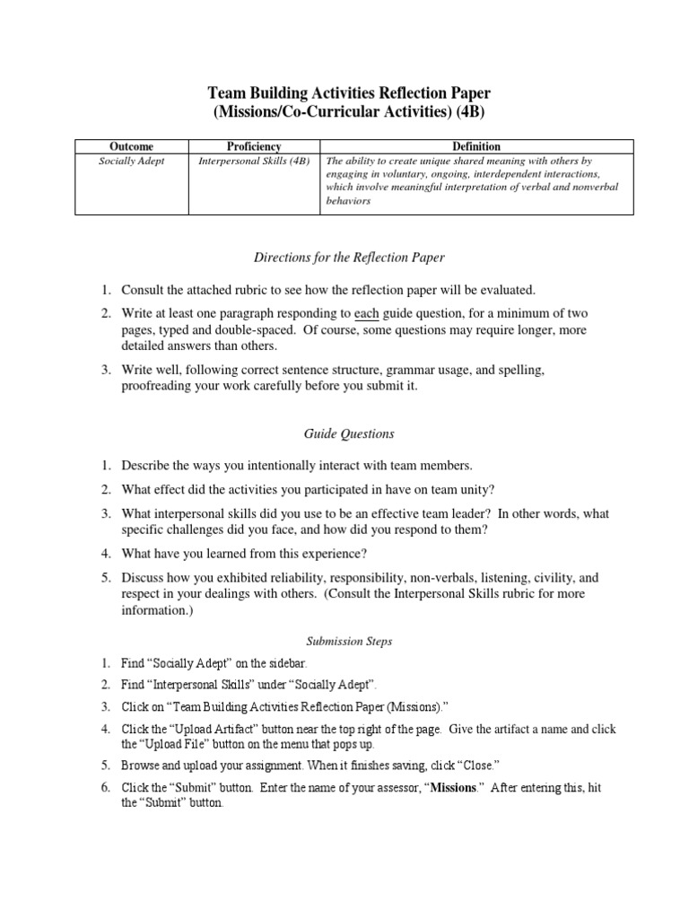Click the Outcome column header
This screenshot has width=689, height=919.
pos(131,146)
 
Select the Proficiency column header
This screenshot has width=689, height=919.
pos(254,146)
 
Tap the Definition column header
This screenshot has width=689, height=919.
pos(476,146)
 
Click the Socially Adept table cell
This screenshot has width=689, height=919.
pos(131,161)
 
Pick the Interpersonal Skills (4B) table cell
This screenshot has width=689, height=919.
pos(254,161)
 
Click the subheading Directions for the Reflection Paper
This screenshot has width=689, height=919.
pos(344,258)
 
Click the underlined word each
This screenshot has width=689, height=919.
pos(367,313)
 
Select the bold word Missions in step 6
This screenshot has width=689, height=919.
pos(454,787)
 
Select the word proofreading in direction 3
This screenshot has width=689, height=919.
pos(159,386)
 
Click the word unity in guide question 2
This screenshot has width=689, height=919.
pos(474,489)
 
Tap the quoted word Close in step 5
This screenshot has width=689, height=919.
pos(476,765)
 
